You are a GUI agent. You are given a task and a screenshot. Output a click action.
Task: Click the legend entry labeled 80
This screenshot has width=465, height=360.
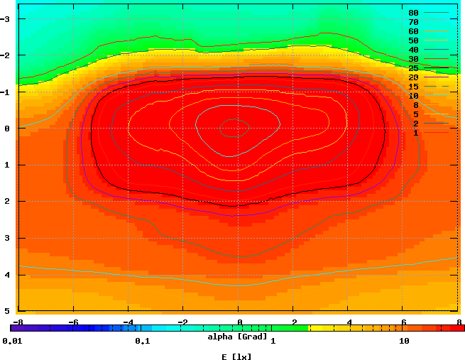(413, 13)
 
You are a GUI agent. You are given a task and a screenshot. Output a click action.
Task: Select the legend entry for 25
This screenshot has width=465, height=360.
(413, 68)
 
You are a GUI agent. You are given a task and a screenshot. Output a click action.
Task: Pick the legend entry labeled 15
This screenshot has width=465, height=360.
(413, 87)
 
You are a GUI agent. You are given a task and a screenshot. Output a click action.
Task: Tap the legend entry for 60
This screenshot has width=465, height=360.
(413, 31)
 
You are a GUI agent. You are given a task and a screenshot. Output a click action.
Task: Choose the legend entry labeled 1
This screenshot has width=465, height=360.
(415, 133)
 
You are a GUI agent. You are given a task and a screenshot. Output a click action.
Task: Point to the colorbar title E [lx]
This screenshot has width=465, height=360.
(236, 356)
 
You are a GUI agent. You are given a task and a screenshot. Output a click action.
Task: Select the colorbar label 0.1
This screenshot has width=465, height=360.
(142, 341)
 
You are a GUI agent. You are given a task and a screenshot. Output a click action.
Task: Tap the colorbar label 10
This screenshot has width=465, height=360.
(405, 341)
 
